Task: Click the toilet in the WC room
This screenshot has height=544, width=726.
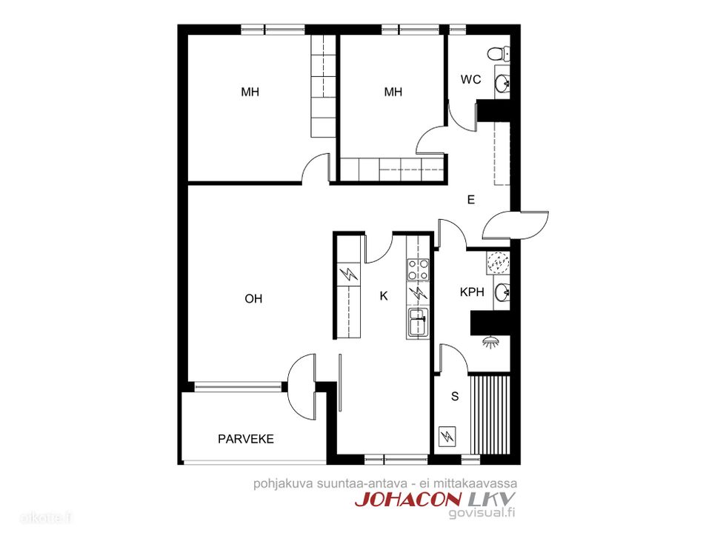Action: (x=498, y=53)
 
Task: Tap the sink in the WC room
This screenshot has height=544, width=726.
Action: (x=502, y=84)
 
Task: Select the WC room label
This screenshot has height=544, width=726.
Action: (x=470, y=80)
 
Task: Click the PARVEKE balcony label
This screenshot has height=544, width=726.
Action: (x=246, y=438)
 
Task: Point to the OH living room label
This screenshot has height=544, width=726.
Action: (x=253, y=299)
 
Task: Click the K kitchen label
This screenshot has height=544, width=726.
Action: (x=384, y=296)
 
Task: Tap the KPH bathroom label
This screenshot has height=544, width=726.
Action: (x=472, y=292)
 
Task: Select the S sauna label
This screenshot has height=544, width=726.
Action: (x=455, y=397)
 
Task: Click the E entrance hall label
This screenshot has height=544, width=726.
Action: (x=471, y=200)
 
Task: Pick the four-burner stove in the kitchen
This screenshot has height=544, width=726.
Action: (x=418, y=269)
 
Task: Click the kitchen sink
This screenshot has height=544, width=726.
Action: (x=418, y=321)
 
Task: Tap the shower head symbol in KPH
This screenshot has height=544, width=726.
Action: (x=491, y=342)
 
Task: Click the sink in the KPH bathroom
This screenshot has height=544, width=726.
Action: (x=502, y=292)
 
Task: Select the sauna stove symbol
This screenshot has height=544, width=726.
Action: (x=447, y=436)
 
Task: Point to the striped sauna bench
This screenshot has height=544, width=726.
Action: (x=490, y=415)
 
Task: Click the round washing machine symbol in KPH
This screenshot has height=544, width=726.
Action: (x=498, y=263)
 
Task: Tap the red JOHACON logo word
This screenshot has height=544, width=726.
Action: (x=408, y=499)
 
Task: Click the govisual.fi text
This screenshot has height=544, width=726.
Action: (x=482, y=512)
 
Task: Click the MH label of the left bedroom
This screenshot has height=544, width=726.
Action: (x=250, y=92)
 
